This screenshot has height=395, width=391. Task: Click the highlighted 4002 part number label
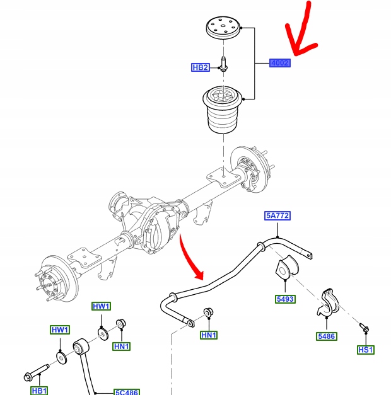(279, 63)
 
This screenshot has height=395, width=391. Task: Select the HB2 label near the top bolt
(200, 67)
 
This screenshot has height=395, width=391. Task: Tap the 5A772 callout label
(277, 215)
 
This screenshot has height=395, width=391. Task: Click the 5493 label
(285, 299)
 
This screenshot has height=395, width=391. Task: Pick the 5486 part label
(327, 336)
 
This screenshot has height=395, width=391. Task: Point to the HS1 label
(365, 350)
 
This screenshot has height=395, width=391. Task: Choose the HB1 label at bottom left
(39, 391)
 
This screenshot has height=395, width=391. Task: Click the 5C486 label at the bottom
(127, 391)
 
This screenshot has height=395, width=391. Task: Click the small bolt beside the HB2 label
(223, 66)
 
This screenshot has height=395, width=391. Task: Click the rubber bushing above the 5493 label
(284, 268)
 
